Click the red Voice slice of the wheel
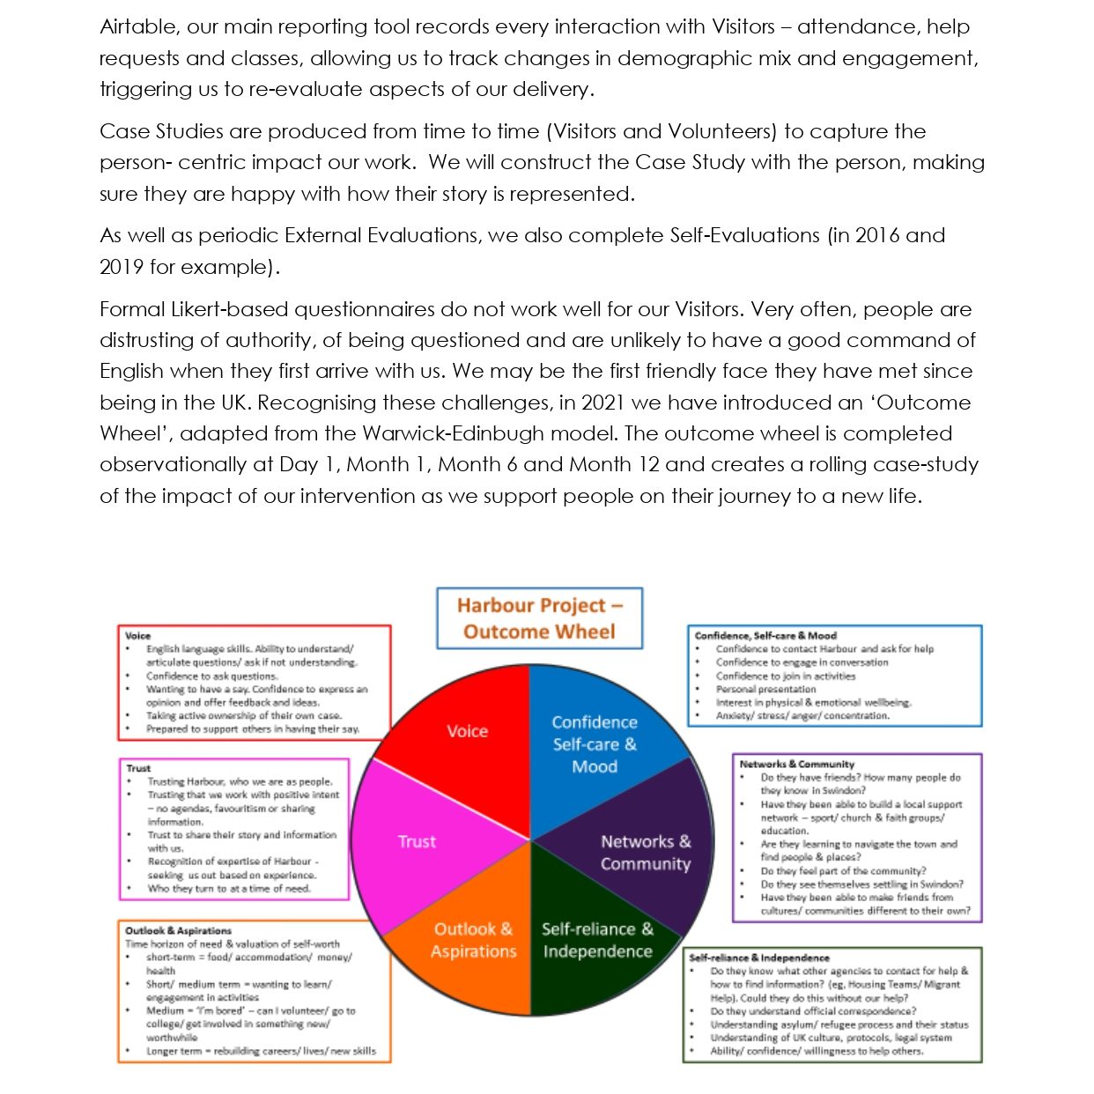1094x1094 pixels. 467,731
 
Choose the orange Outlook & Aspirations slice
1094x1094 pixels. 473,941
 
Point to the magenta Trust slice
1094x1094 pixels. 417,841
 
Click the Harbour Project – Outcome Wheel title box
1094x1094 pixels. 539,618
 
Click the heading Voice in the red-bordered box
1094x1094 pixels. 138,635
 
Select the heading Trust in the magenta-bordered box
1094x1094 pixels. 138,768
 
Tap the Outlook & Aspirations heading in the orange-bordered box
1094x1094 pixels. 178,930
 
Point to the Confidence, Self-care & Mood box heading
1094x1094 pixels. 765,635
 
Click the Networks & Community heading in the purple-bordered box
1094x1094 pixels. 797,764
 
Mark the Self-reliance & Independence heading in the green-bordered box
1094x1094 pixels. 759,957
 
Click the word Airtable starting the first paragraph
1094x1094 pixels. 138,26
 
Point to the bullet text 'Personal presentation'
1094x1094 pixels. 766,689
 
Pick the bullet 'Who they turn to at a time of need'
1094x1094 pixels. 229,889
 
